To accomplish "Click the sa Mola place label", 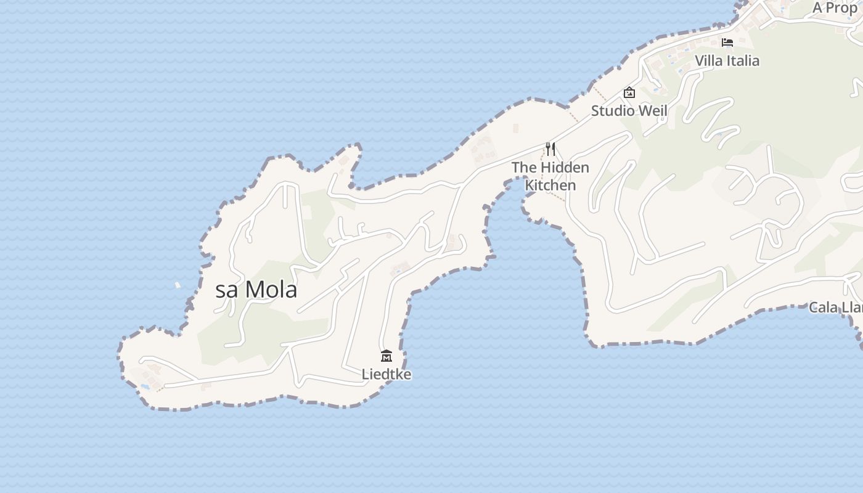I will click(x=256, y=290).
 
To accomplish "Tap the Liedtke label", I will click(x=387, y=374).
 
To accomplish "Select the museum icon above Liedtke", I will click(x=387, y=356).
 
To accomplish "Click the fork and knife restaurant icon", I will click(x=550, y=149).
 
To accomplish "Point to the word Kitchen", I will click(x=550, y=185).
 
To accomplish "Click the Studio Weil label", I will click(x=629, y=111).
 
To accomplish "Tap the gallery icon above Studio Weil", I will click(x=629, y=92).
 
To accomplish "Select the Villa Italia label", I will click(x=727, y=61).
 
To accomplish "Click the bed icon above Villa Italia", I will click(x=727, y=42).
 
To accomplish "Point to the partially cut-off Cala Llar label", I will click(x=835, y=307).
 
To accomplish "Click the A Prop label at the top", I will click(x=835, y=7).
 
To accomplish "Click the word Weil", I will click(x=653, y=111).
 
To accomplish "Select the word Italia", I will click(x=743, y=61).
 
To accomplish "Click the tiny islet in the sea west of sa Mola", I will click(x=178, y=285).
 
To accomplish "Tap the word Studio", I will click(x=613, y=111).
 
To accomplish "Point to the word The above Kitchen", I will click(x=524, y=167).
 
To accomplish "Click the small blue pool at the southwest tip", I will click(x=145, y=386).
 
